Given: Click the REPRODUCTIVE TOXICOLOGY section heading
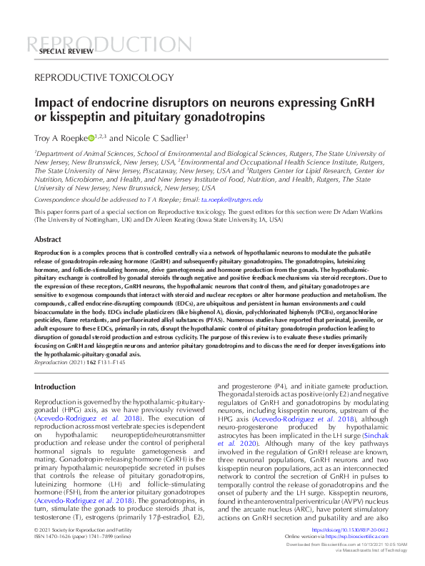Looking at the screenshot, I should (x=104, y=77).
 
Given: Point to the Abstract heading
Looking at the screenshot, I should (x=48, y=240).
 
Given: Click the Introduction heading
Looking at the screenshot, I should (x=55, y=387).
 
